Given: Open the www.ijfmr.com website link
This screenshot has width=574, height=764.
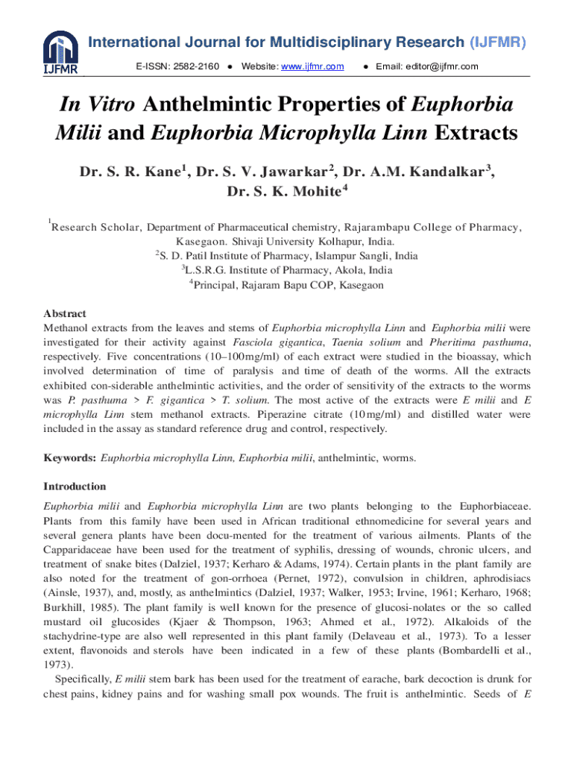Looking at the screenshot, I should point(312,67).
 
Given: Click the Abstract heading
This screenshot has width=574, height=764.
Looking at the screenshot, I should point(65,314).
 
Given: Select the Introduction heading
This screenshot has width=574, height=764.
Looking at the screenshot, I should point(75,486).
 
